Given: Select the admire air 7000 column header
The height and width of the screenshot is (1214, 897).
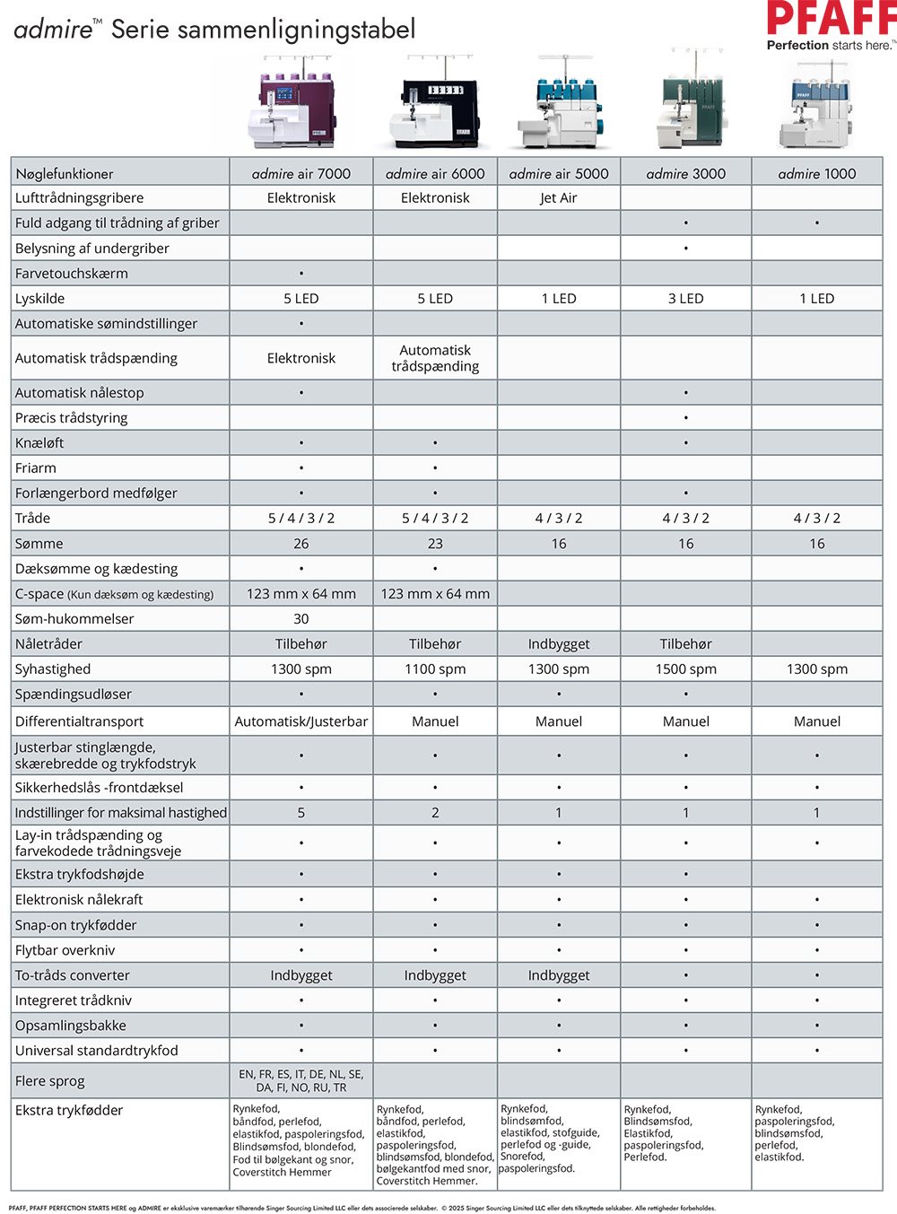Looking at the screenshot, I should [x=301, y=173].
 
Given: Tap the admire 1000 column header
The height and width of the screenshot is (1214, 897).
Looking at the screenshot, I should [x=816, y=173].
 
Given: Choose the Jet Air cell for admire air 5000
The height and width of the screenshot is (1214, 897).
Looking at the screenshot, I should [x=558, y=197].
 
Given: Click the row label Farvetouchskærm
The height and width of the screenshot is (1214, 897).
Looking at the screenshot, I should [x=72, y=273].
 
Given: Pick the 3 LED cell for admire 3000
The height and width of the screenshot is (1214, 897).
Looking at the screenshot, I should [x=685, y=298].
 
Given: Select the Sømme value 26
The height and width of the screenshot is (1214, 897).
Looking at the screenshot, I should [x=301, y=543].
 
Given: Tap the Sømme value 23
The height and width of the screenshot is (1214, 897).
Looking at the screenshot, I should [x=435, y=543].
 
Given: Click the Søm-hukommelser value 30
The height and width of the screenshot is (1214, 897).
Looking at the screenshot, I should [x=301, y=618].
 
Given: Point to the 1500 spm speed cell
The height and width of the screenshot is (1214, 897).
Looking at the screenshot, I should [x=685, y=668].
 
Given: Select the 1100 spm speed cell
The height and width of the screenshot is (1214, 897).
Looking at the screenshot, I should [x=435, y=668].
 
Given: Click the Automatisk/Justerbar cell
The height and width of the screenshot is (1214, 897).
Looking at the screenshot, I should [x=301, y=721].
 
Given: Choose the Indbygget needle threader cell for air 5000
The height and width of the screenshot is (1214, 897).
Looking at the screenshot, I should [x=558, y=643].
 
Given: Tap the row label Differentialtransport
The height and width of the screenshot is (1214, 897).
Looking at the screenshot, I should [x=79, y=721].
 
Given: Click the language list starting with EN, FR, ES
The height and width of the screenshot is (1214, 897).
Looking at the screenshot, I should [x=301, y=1080].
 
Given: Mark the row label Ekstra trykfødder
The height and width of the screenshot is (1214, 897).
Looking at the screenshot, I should [x=69, y=1110].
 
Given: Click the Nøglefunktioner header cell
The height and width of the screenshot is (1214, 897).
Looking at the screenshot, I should [x=65, y=173].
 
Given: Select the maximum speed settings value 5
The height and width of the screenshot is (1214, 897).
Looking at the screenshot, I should [x=301, y=812].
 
